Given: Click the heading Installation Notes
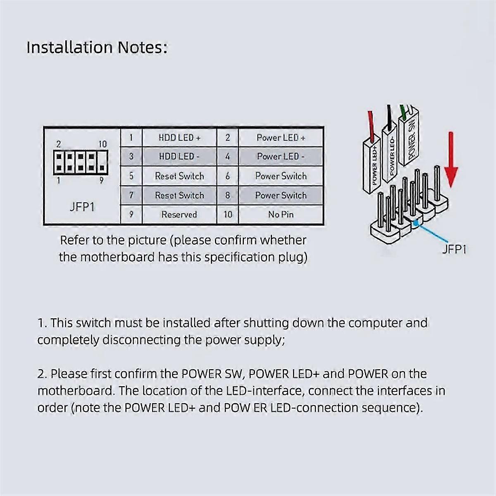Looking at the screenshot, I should pyautogui.click(x=97, y=48).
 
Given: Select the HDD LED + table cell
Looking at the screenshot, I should pyautogui.click(x=179, y=138).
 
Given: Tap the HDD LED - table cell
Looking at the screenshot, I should pyautogui.click(x=179, y=156).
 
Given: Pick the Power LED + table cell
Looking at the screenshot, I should pyautogui.click(x=281, y=138).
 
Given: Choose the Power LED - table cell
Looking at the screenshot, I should pyautogui.click(x=281, y=156).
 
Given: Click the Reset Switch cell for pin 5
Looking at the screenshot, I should pyautogui.click(x=179, y=176).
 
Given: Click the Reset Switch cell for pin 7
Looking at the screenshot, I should pyautogui.click(x=179, y=195).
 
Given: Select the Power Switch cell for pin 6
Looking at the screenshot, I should pyautogui.click(x=281, y=176).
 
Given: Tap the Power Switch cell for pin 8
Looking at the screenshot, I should pyautogui.click(x=281, y=195).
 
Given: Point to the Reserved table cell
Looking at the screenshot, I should pyautogui.click(x=179, y=215).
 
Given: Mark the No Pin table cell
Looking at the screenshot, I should pyautogui.click(x=281, y=215).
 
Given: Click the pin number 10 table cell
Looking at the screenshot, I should pyautogui.click(x=228, y=215).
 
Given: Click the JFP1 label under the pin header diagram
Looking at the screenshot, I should pyautogui.click(x=82, y=206).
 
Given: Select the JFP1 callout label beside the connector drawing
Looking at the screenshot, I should pyautogui.click(x=454, y=249).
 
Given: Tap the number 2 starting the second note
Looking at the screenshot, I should pyautogui.click(x=41, y=374).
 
